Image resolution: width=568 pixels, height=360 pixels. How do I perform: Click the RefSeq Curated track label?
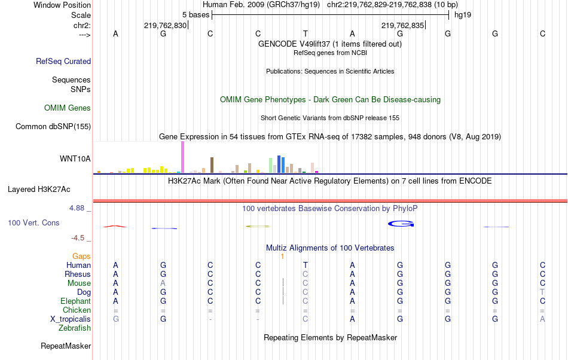pyautogui.click(x=63, y=61)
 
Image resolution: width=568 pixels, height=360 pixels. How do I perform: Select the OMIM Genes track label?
pyautogui.click(x=68, y=108)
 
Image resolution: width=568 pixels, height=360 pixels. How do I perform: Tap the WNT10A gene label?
pyautogui.click(x=75, y=158)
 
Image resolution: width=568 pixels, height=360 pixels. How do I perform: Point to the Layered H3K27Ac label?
pyautogui.click(x=39, y=190)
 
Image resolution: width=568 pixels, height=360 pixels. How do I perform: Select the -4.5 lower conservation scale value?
pyautogui.click(x=78, y=237)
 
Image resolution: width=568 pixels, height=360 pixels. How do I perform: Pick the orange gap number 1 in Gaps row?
pyautogui.click(x=282, y=256)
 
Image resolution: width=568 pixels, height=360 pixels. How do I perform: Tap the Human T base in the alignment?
pyautogui.click(x=305, y=265)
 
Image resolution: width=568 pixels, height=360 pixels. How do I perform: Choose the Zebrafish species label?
pyautogui.click(x=75, y=328)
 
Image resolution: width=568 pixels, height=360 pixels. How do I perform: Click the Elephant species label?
pyautogui.click(x=75, y=301)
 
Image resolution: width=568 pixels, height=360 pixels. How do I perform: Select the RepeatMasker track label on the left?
pyautogui.click(x=66, y=346)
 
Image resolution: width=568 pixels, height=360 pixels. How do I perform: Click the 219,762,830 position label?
pyautogui.click(x=166, y=25)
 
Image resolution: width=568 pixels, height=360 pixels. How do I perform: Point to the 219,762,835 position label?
pyautogui.click(x=402, y=25)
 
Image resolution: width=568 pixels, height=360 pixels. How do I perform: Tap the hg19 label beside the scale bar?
pyautogui.click(x=463, y=14)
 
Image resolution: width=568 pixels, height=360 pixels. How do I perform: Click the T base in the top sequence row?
pyautogui.click(x=305, y=33)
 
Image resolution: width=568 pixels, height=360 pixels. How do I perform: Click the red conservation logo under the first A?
pyautogui.click(x=114, y=226)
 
